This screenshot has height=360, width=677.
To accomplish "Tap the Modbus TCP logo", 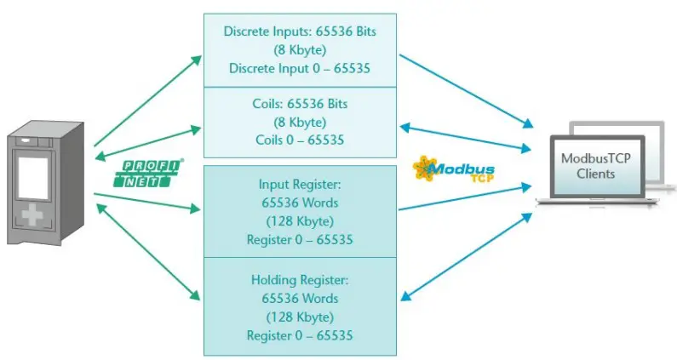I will coord(453,169).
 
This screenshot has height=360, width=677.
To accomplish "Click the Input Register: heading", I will coord(300,184).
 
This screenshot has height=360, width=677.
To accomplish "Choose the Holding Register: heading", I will coord(300,280).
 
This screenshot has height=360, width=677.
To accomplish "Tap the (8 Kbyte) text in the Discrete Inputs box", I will coord(301,49).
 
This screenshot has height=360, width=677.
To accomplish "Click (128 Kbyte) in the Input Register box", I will coord(300,221).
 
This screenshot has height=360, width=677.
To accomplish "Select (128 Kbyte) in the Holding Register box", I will coord(300,317).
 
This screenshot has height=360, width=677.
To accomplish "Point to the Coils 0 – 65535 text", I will coord(301,139).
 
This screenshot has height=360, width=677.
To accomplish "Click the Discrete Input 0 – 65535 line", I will coord(301,68).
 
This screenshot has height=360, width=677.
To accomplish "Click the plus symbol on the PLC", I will coord(33,215).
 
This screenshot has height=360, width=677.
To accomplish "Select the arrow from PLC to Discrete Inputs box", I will coord(147,100).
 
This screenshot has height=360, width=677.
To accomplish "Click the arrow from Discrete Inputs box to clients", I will coord(460,90).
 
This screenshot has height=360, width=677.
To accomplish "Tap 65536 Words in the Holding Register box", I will coord(300,299).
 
